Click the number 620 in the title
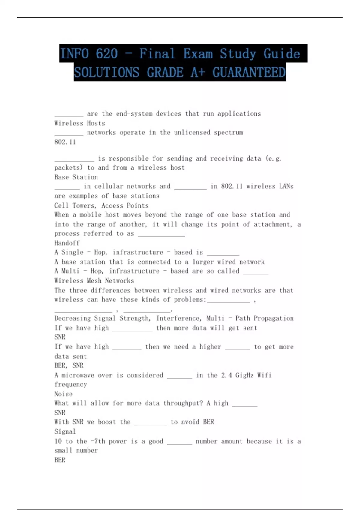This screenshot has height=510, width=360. [107, 54]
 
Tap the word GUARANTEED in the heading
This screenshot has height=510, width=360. [249, 73]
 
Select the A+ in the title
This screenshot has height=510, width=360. [198, 73]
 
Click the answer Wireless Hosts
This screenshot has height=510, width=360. [79, 123]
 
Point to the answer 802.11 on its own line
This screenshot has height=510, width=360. [65, 142]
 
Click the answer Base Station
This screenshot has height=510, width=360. [76, 177]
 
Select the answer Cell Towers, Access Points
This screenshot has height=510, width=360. [101, 205]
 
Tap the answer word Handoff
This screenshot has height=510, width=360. [67, 243]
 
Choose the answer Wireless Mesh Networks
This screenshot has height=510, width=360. [94, 280]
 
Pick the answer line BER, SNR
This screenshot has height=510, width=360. [69, 365]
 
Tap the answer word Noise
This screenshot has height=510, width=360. [63, 394]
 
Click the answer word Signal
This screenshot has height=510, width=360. [65, 431]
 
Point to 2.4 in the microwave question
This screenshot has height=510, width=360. [226, 375]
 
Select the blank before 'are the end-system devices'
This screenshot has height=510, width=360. [69, 115]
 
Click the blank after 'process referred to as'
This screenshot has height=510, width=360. [161, 235]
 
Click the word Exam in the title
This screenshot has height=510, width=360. [198, 54]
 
